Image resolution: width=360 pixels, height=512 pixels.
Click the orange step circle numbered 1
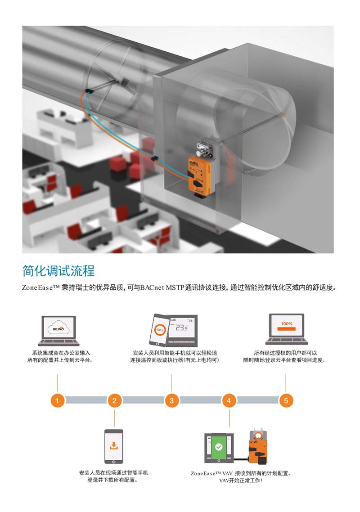click(57, 400)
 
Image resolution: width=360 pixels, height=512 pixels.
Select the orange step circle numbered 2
click(114, 400)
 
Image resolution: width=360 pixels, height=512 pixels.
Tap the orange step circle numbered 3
click(171, 400)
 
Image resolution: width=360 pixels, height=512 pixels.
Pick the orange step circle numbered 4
click(229, 400)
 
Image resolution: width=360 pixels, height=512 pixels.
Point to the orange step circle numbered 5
click(286, 400)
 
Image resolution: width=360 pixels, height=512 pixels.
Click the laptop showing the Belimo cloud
click(59, 330)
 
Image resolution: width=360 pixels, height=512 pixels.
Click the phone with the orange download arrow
click(114, 446)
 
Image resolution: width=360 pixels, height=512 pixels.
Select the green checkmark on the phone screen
click(219, 447)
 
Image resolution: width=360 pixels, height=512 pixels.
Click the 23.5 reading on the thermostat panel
click(182, 327)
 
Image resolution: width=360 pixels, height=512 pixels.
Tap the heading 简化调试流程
click(58, 271)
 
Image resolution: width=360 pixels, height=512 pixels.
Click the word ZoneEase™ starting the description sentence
click(41, 287)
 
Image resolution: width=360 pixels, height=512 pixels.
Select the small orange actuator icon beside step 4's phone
click(258, 446)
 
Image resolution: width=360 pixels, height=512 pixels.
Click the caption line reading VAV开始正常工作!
click(240, 481)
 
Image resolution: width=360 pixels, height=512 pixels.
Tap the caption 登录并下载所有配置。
click(112, 480)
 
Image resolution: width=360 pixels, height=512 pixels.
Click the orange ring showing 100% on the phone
click(160, 329)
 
